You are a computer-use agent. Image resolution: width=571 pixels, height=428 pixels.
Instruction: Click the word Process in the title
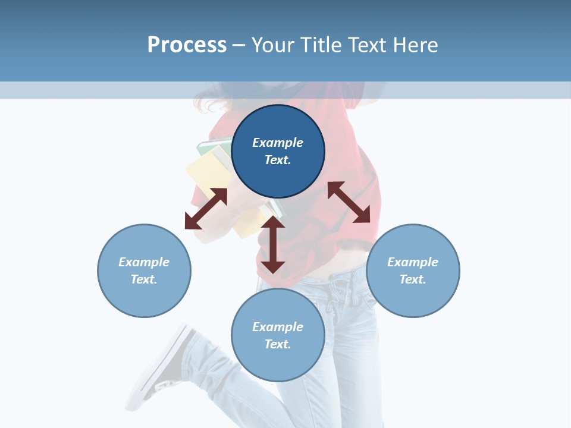tap(187, 45)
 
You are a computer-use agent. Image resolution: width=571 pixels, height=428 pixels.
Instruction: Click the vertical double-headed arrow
tap(273, 245)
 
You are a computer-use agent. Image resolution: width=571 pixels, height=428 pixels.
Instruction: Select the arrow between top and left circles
tap(206, 209)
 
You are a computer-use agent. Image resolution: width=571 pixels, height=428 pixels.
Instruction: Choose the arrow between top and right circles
tap(349, 202)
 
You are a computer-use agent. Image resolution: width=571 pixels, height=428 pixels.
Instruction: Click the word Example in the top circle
tap(278, 143)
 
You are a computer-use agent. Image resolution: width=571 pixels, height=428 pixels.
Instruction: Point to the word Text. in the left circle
tap(144, 279)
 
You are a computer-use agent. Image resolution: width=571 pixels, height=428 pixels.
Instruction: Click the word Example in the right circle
tap(413, 262)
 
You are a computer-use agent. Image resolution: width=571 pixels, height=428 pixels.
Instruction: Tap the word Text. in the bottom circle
tap(278, 344)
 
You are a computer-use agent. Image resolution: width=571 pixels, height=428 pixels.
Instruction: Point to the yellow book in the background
tap(205, 175)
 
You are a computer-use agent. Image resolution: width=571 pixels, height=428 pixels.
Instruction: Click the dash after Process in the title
tap(239, 45)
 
